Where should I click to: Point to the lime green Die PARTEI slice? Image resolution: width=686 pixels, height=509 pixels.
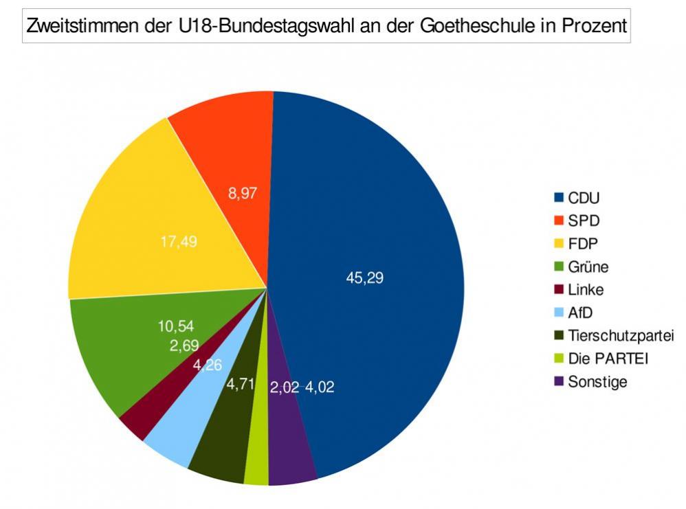tap(256, 460)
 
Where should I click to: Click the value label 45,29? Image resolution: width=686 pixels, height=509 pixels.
tap(365, 278)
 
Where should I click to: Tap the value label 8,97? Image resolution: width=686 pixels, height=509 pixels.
tap(243, 194)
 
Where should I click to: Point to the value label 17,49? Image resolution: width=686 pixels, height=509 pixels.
tap(179, 242)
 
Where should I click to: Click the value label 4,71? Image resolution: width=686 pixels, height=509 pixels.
tap(241, 385)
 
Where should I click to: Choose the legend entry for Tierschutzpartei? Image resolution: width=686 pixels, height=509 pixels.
tap(620, 335)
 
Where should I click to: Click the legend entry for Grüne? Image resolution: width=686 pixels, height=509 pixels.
tap(588, 267)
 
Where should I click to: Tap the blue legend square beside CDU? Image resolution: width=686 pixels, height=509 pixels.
tap(559, 198)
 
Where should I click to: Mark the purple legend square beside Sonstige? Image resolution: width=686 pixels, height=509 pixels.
tap(559, 381)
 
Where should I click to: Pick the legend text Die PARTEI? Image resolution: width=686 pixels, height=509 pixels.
tap(608, 359)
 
